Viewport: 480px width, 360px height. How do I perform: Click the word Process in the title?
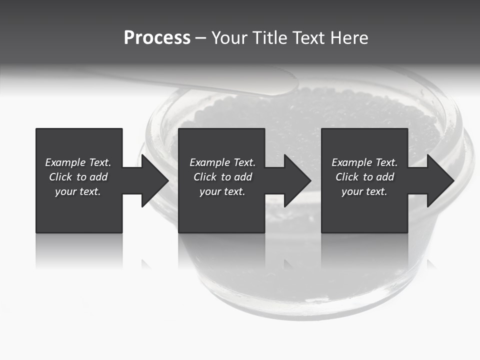pos(157,38)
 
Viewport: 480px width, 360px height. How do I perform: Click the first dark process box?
pos(79,210)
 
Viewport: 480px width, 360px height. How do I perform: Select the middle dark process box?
pos(221,210)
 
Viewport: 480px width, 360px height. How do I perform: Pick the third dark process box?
pos(364,210)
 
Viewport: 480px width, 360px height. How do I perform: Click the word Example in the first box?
pos(65,162)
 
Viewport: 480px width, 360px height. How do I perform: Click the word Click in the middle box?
pos(204,177)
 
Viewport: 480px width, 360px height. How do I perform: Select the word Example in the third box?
pos(352,162)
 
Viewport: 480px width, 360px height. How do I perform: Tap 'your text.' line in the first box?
pos(78,191)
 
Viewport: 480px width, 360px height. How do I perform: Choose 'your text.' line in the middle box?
pos(222,191)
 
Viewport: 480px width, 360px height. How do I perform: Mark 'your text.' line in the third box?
pos(364,191)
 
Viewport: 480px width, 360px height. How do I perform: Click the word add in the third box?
pos(385,177)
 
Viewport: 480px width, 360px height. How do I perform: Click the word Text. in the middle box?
pos(242,162)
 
